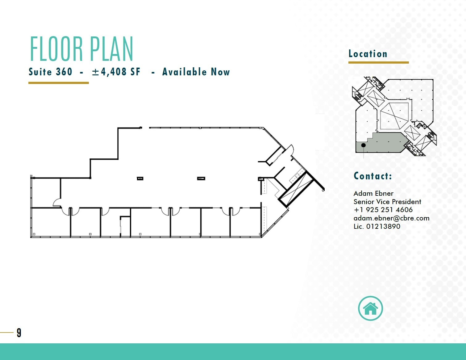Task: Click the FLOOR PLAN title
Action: coord(81,49)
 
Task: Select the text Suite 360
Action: coord(50,72)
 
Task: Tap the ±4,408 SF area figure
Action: coord(116,72)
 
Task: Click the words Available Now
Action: coord(196,72)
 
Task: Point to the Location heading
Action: coord(368,54)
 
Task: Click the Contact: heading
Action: coord(373,176)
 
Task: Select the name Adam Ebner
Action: coord(373,194)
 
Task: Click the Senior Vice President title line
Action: coord(387,202)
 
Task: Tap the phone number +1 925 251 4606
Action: coord(383,210)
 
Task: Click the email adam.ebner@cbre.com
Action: coord(391,218)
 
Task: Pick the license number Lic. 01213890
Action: coord(377,226)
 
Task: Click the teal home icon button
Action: coord(370,308)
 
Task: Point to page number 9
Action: coord(19,333)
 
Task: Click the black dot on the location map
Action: coord(364,145)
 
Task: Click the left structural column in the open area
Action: coord(140,178)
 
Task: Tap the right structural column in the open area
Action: coord(201,178)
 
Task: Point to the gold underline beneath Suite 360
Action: coord(59,83)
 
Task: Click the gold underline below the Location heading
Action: coord(378,62)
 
